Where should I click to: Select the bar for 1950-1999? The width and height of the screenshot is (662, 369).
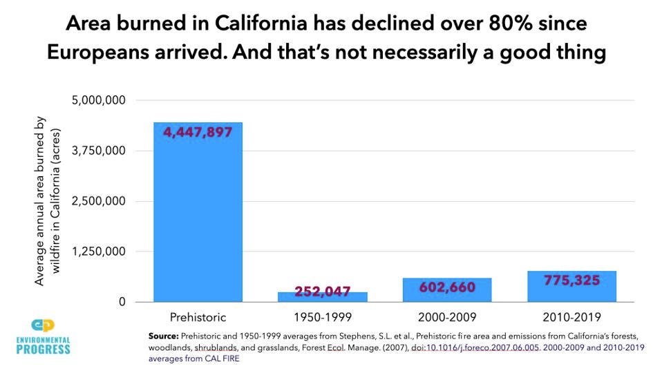[x=322, y=296]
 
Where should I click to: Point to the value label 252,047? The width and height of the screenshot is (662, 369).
[x=322, y=292]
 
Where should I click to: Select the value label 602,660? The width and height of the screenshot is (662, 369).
[x=447, y=287]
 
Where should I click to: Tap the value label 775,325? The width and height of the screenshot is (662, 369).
[x=571, y=280]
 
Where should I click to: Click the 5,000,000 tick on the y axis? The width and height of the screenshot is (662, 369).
[x=98, y=101]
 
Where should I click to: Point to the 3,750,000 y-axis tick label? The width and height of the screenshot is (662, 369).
[x=98, y=151]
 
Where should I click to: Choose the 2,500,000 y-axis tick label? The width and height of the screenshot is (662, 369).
[x=98, y=202]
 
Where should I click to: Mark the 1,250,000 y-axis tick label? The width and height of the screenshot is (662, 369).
[x=98, y=252]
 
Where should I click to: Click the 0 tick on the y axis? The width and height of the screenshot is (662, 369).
[x=121, y=303]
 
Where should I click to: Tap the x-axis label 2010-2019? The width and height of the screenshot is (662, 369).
[x=571, y=317]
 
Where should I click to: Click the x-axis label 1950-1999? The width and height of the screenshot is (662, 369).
[x=322, y=317]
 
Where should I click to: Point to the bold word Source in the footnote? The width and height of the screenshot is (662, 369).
[x=163, y=335]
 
